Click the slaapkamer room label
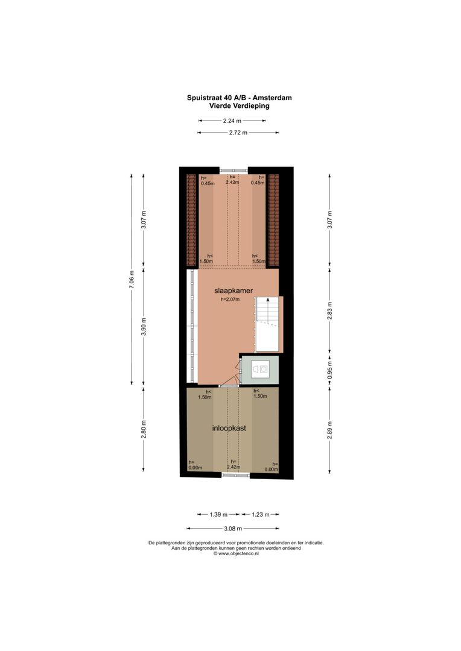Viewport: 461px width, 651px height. [233, 291]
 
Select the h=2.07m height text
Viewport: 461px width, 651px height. [234, 300]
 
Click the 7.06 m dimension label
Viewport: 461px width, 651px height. [131, 280]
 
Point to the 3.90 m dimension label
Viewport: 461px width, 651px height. [144, 326]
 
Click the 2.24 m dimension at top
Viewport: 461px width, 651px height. [232, 121]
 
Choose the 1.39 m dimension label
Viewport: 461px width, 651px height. [218, 515]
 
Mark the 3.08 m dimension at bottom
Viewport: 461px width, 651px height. [232, 529]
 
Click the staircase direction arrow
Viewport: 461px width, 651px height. [268, 300]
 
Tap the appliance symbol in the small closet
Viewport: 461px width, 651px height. [263, 370]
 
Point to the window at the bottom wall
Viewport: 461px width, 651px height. [235, 476]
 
